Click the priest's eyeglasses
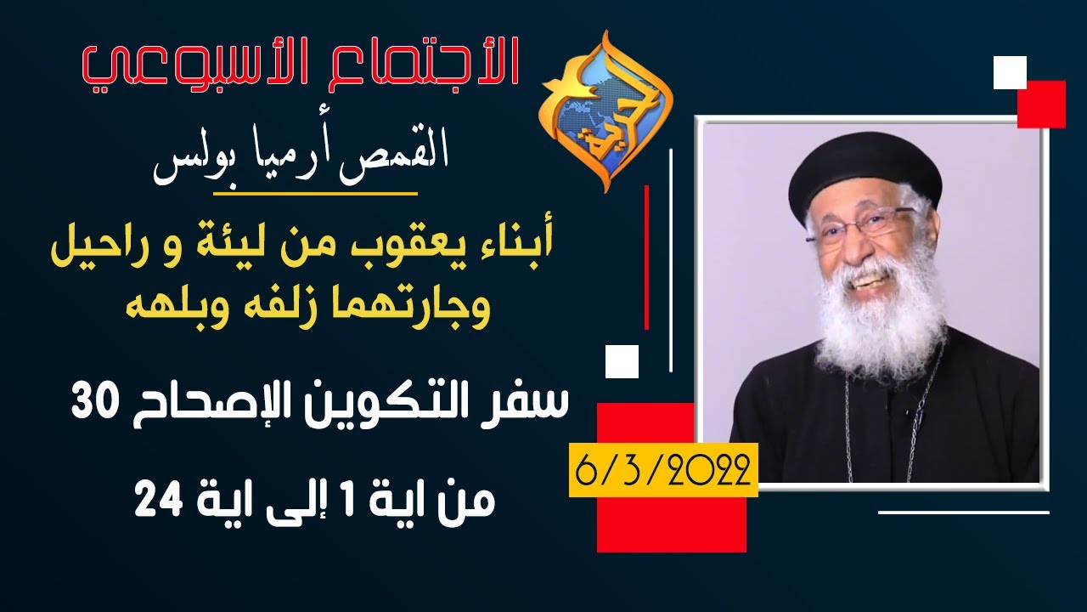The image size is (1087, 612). [x=858, y=225]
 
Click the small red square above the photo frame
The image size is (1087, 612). [x=1041, y=104]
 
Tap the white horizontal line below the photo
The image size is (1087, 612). [x=963, y=513]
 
